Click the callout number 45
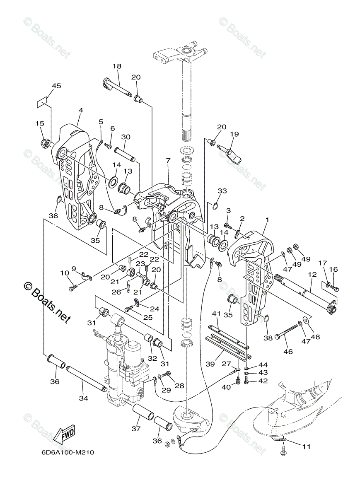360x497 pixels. coord(56,86)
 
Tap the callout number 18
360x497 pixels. coord(116,66)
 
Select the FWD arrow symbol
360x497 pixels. coord(65,434)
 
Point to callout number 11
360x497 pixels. coord(306,446)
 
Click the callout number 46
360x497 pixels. coord(288,351)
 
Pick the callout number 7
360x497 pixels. coord(168,160)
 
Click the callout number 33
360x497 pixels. coord(222,191)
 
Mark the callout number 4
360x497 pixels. coord(80,110)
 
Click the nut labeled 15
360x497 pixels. coord(46,144)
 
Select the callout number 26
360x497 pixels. coord(116,292)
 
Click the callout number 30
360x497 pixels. coord(126,137)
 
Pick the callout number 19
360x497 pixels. coord(234,134)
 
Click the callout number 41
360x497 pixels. coord(216,313)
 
